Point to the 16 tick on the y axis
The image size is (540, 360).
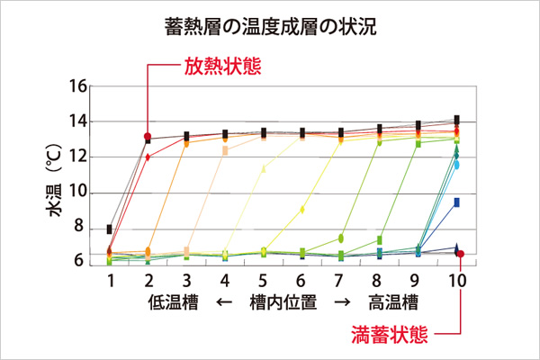(x=78, y=87)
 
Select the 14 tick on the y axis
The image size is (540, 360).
(x=78, y=121)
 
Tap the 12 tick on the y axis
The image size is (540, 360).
(x=78, y=157)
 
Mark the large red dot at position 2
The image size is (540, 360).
(x=148, y=137)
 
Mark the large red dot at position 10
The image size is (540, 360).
(x=460, y=254)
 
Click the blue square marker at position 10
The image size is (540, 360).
(x=457, y=202)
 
